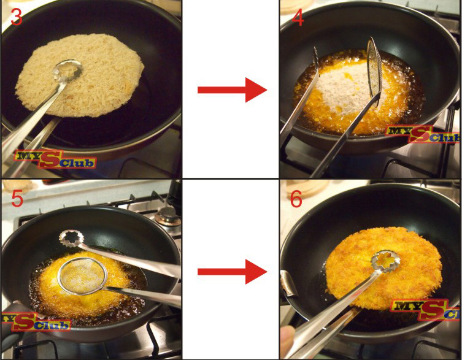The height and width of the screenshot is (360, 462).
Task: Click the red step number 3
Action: click(x=16, y=17)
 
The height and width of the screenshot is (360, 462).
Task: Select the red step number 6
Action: click(x=296, y=199)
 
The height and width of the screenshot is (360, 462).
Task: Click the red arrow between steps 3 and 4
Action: click(x=232, y=90)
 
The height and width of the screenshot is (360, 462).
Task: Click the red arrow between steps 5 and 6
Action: click(x=232, y=272)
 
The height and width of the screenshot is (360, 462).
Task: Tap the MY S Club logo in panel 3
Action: click(x=55, y=159)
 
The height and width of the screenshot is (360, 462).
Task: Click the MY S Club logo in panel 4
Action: click(x=423, y=134)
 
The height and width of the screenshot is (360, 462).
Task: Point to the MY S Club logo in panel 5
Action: click(x=36, y=322)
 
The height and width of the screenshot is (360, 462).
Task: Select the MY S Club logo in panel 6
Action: click(x=426, y=309)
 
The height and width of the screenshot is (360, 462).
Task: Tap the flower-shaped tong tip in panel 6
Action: click(x=385, y=260)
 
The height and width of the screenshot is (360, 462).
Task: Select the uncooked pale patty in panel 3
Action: click(x=80, y=75)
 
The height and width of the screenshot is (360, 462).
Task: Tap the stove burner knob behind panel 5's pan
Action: click(x=167, y=216)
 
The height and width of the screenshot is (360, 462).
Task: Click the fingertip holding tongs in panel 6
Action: click(x=288, y=338)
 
